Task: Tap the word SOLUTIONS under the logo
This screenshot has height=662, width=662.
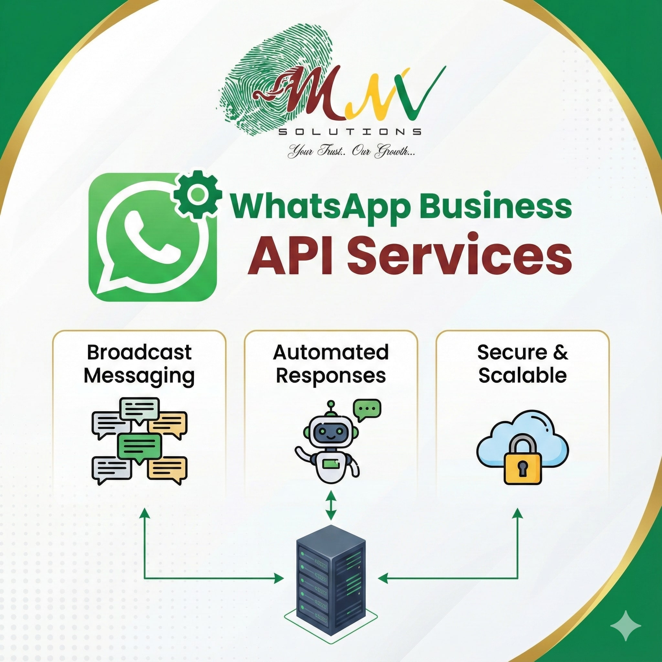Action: coord(349,132)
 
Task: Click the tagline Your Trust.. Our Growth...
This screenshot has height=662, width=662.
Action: coord(351,151)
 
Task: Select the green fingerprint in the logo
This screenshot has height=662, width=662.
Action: coord(261,79)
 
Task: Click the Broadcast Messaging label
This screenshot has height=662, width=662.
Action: coord(139,364)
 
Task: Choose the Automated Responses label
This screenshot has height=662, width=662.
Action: coord(331,364)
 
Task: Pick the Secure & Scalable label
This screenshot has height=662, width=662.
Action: coord(522,364)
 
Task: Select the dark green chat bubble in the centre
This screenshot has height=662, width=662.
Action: coord(139,447)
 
